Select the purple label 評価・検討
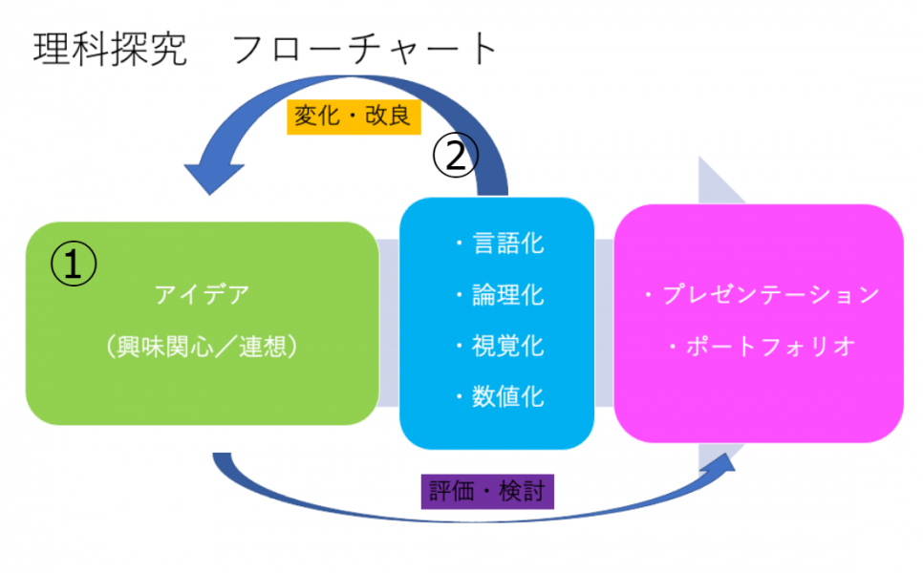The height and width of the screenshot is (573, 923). (x=487, y=492)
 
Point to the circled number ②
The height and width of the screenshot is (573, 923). (x=456, y=155)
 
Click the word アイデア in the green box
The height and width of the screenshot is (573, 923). (x=202, y=294)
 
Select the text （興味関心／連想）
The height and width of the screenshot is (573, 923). (x=202, y=346)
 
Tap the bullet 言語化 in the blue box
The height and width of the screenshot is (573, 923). (x=499, y=244)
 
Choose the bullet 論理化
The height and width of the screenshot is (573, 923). (x=499, y=294)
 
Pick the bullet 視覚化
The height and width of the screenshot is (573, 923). (x=499, y=345)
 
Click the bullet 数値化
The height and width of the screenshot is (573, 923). (x=499, y=395)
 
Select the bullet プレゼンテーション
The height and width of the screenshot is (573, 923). (x=760, y=294)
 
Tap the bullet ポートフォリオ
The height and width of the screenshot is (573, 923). (x=760, y=346)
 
